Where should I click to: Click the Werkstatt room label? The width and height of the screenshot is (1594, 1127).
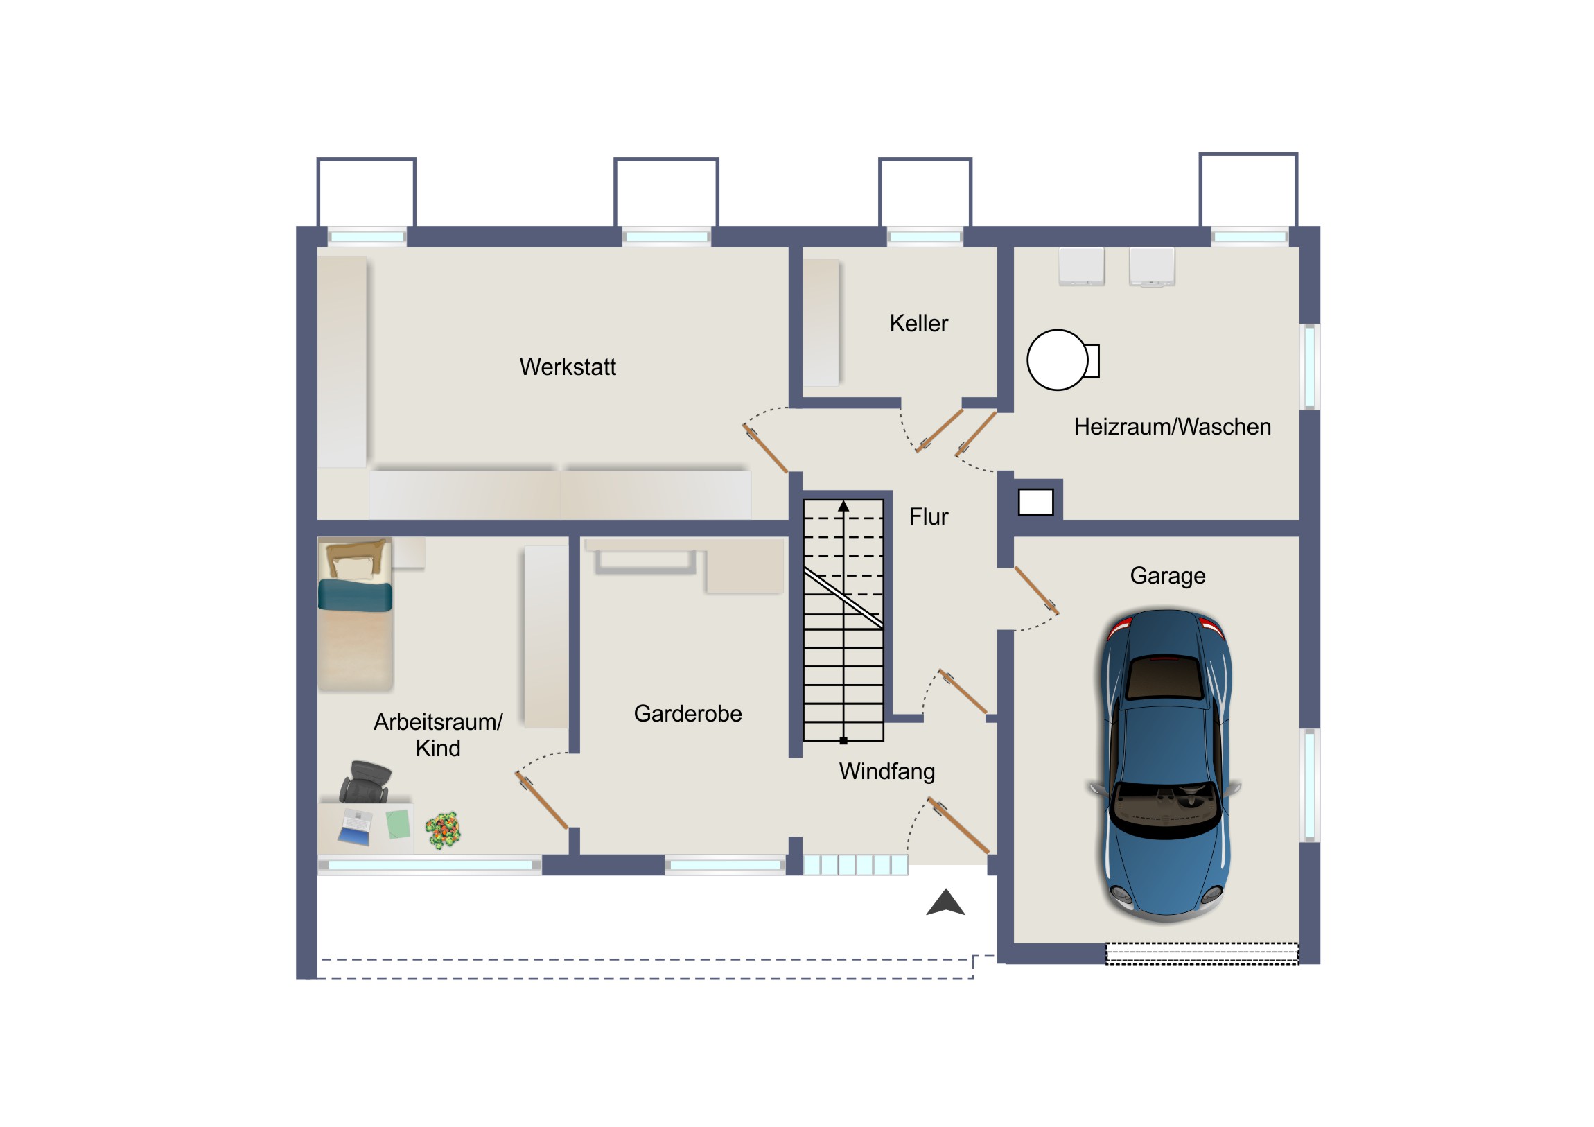pyautogui.click(x=567, y=367)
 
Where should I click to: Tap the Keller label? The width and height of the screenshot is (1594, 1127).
pyautogui.click(x=918, y=323)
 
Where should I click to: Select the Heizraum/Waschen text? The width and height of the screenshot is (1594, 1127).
pyautogui.click(x=1172, y=426)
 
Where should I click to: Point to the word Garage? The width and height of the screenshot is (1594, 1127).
pyautogui.click(x=1167, y=576)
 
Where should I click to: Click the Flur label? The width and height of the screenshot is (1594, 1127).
pyautogui.click(x=928, y=516)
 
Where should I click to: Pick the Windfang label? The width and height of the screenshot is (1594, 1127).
pyautogui.click(x=886, y=771)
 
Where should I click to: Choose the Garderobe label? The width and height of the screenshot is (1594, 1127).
pyautogui.click(x=687, y=713)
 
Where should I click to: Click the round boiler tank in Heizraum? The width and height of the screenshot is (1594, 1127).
pyautogui.click(x=1057, y=360)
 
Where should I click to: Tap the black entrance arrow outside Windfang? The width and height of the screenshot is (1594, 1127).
pyautogui.click(x=945, y=902)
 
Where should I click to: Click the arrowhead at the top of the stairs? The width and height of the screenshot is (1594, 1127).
pyautogui.click(x=843, y=506)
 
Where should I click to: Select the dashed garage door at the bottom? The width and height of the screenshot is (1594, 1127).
pyautogui.click(x=1202, y=954)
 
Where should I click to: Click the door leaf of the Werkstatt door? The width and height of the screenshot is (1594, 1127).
pyautogui.click(x=766, y=449)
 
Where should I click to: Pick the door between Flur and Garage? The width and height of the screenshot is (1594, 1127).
pyautogui.click(x=1037, y=591)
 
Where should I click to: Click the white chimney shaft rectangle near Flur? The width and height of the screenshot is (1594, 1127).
pyautogui.click(x=1036, y=502)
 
